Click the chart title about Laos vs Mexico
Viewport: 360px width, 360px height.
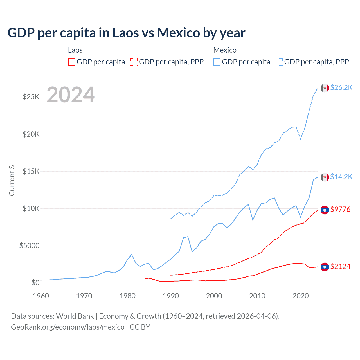click(126, 33)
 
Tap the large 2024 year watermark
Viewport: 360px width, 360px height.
click(71, 95)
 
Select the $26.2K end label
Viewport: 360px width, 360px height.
click(341, 88)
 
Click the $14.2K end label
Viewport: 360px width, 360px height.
click(341, 177)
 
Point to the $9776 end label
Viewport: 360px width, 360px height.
click(340, 209)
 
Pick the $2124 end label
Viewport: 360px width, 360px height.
click(340, 266)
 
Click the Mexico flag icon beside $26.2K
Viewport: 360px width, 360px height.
click(325, 88)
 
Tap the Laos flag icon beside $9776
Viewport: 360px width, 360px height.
click(325, 210)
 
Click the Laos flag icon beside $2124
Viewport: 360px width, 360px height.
click(325, 267)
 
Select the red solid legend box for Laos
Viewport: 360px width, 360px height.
click(72, 62)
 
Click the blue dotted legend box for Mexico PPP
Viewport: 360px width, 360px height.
click(279, 62)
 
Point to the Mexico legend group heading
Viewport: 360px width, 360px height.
click(225, 50)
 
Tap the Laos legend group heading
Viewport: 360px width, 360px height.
click(75, 50)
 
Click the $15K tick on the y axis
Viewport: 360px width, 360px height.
click(31, 171)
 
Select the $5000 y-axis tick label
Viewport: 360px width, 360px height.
click(29, 246)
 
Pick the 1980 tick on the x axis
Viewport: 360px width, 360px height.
click(127, 296)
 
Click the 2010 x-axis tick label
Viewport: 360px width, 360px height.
click(257, 296)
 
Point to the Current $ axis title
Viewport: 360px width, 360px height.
click(12, 181)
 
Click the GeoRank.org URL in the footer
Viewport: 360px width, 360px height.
click(67, 327)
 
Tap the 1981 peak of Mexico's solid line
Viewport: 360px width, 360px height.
click(132, 254)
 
